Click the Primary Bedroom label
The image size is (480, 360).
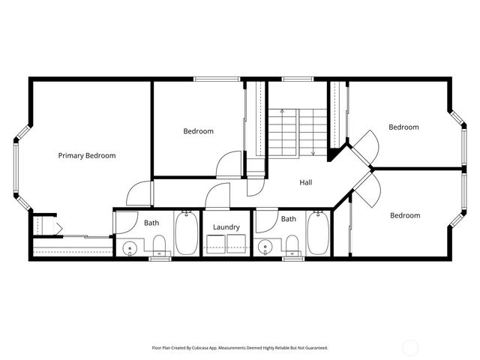(87, 155)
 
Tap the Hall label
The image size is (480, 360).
(306, 182)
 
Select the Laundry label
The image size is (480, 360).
(226, 227)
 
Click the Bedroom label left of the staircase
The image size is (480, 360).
(198, 131)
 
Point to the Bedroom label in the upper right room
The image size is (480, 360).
(403, 127)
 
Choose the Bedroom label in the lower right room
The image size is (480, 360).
(405, 215)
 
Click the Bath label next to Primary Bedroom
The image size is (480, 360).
(151, 223)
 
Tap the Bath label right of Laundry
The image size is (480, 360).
(289, 219)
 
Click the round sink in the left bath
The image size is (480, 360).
(130, 247)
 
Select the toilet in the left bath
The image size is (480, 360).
(159, 244)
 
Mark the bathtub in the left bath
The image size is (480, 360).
(186, 233)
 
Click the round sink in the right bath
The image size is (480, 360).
(264, 247)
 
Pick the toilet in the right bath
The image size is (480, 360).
(292, 244)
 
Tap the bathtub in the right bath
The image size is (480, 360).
(319, 233)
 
